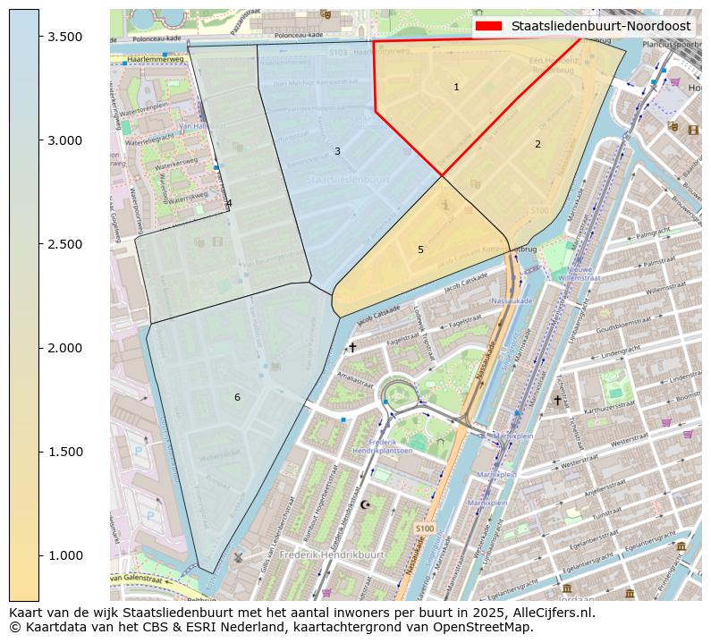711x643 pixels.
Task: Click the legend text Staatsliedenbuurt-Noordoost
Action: [x=600, y=26]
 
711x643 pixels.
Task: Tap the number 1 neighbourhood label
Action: [x=456, y=87]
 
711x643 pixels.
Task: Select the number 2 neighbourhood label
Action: [x=537, y=144]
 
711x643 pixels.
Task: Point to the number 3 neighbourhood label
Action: [x=337, y=151]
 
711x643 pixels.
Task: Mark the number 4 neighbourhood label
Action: [x=229, y=203]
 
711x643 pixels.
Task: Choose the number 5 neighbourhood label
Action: [x=420, y=250]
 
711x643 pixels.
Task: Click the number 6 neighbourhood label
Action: [x=237, y=397]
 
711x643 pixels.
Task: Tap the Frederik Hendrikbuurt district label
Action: [x=331, y=554]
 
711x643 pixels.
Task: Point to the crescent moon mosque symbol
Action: [x=364, y=504]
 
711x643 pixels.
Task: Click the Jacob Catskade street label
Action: [x=379, y=315]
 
